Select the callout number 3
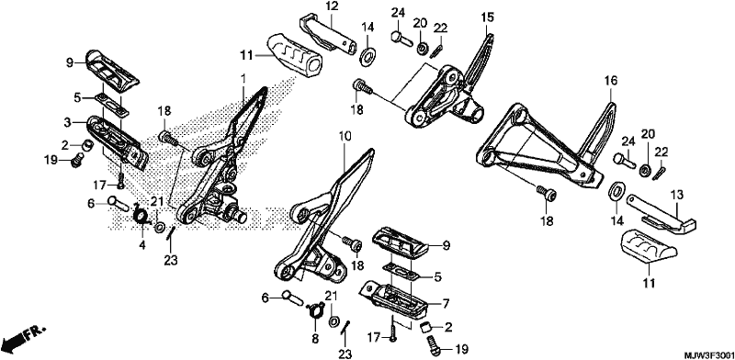click(x=68, y=123)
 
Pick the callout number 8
click(x=315, y=339)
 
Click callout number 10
click(x=345, y=138)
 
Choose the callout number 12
click(x=332, y=7)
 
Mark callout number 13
click(x=679, y=195)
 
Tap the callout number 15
click(x=488, y=18)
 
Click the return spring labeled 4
click(x=141, y=215)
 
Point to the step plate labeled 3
click(x=118, y=141)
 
